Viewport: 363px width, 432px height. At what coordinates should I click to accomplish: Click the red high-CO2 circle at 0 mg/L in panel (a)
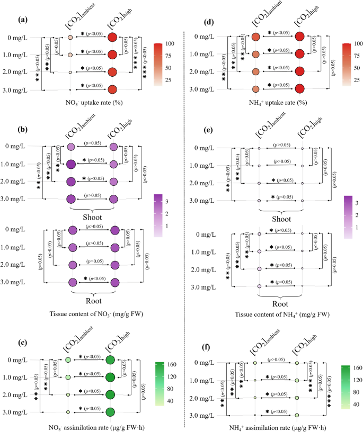coord(112,38)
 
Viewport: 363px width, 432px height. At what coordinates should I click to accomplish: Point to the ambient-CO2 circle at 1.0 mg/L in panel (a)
coord(70,55)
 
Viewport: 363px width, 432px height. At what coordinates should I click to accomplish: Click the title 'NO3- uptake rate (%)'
coord(91,103)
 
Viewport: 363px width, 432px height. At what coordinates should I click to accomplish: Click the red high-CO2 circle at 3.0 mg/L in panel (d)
coord(299,89)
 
